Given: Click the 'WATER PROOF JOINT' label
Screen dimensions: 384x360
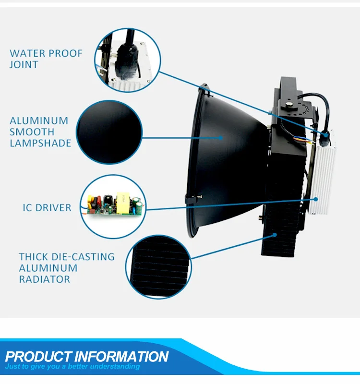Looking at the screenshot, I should pos(46,59).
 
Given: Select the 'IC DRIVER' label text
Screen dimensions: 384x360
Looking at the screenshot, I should pos(47,208).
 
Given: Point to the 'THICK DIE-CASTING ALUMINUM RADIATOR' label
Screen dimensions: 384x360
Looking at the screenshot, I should pos(67,268).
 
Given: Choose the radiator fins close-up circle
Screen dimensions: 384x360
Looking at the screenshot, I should pos(158,266).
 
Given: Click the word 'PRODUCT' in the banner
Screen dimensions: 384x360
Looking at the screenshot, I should pos(38,357).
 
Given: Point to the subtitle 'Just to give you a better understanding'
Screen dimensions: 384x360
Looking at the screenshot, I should pos(72,367).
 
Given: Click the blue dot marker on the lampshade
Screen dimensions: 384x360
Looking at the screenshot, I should pos(221,137).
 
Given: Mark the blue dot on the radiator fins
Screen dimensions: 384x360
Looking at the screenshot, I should pos(275,235).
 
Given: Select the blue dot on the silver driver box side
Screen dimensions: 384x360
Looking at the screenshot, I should pos(316,198).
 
